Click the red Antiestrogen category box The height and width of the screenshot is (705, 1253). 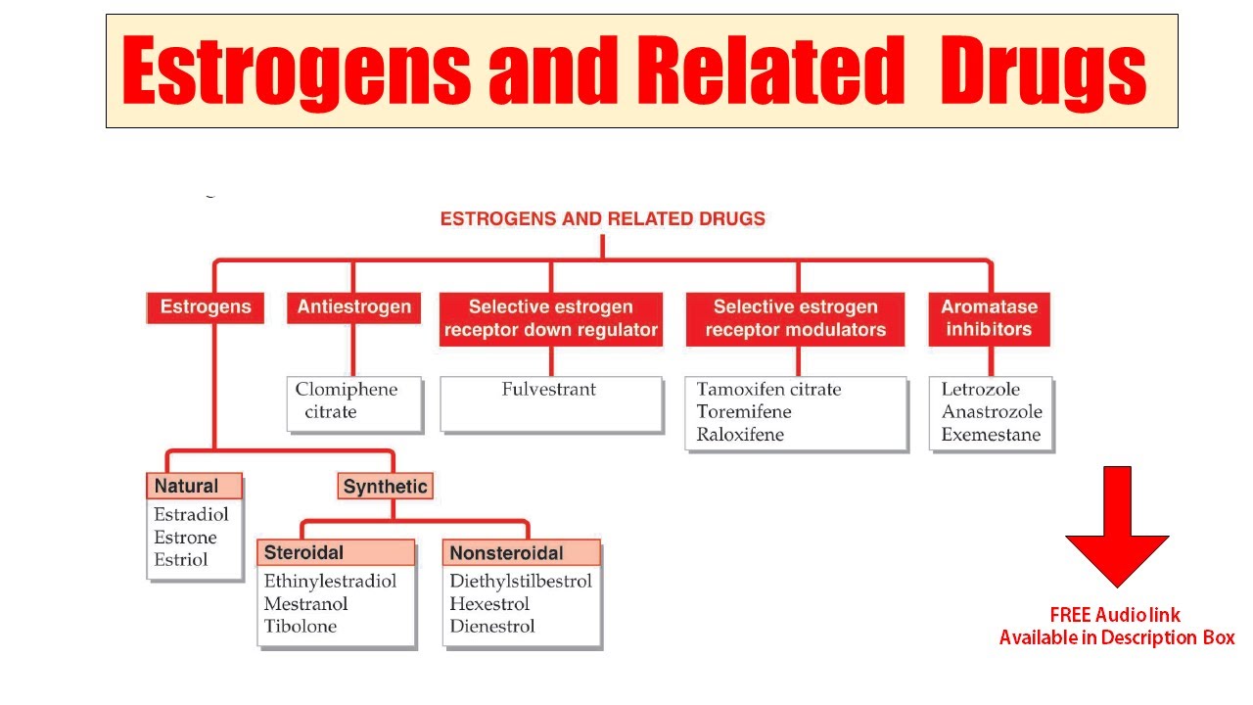(x=353, y=307)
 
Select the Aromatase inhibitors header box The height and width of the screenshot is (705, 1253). (x=989, y=318)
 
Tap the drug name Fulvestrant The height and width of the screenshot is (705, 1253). (x=548, y=390)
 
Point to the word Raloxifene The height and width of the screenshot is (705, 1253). (x=740, y=435)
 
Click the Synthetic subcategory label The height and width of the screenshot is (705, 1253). (x=385, y=487)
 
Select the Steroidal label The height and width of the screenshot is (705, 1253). (x=303, y=553)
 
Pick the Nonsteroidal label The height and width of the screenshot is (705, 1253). (x=506, y=553)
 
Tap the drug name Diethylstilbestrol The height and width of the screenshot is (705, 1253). (x=521, y=582)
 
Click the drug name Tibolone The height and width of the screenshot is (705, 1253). (x=300, y=627)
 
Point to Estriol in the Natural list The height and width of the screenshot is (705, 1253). (x=181, y=560)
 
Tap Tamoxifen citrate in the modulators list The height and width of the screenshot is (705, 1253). (x=768, y=390)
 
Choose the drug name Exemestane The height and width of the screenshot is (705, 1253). (x=991, y=435)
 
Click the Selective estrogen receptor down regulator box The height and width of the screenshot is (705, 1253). (x=550, y=318)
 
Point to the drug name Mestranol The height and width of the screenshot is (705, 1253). (x=305, y=604)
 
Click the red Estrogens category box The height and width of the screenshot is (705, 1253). (x=205, y=307)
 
